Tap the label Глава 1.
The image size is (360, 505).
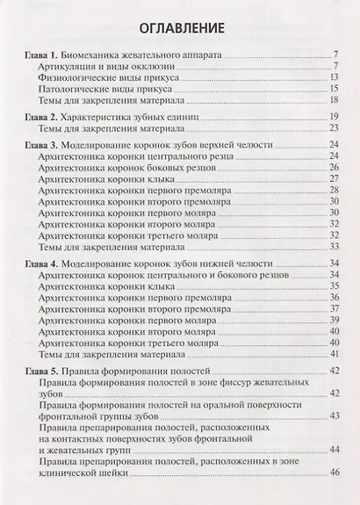40,54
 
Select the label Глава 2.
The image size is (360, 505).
40,117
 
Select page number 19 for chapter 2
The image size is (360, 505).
335,117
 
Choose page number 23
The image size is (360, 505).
335,128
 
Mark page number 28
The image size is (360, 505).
335,189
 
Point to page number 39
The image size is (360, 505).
335,319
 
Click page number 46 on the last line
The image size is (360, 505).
335,473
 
